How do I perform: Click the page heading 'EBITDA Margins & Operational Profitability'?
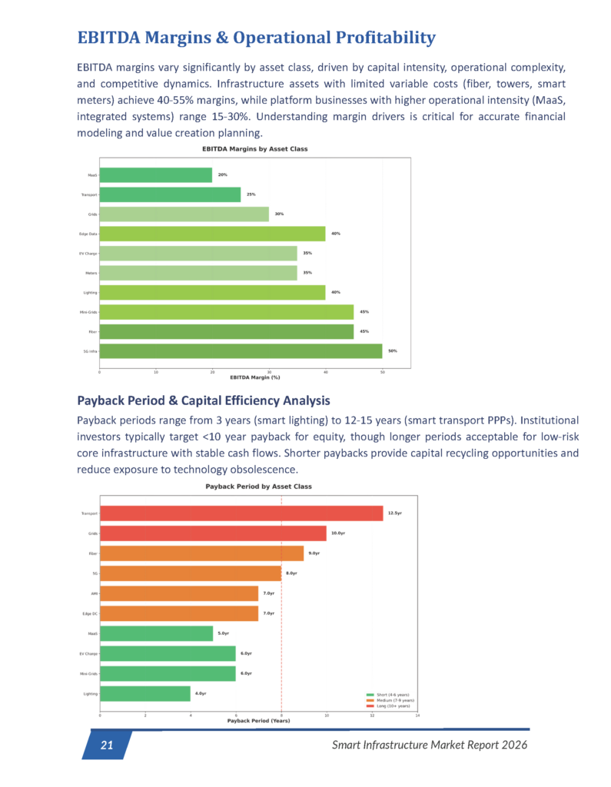point(256,38)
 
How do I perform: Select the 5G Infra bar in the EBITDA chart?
point(241,351)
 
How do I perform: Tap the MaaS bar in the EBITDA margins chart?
point(155,175)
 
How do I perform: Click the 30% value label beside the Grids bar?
point(279,214)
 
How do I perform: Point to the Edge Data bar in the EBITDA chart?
point(212,234)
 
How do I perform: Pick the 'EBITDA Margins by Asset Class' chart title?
point(254,148)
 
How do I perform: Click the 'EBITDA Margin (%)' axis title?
point(254,377)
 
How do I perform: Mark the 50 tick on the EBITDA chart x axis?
point(382,372)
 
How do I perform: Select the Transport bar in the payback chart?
point(241,513)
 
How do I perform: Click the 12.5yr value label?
point(395,513)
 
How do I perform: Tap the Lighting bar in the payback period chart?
point(144,694)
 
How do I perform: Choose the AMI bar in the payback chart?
point(179,593)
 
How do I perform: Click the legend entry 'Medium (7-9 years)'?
point(393,700)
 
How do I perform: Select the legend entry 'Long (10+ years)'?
point(391,706)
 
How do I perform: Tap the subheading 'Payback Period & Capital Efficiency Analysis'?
point(204,400)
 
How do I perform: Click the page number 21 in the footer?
point(107,745)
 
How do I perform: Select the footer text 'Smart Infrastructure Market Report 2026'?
point(430,745)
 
